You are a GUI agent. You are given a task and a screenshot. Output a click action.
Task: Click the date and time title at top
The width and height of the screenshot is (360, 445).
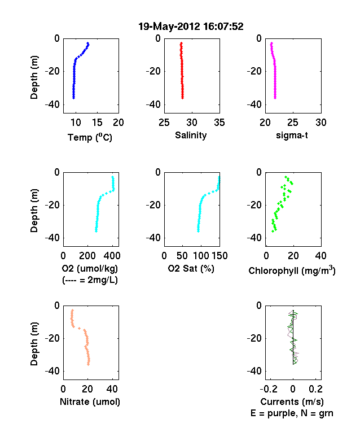tap(191, 27)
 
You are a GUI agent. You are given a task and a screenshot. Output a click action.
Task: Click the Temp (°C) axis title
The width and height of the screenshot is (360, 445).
tap(90, 137)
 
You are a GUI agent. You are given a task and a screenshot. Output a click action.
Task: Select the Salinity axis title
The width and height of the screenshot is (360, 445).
tap(191, 135)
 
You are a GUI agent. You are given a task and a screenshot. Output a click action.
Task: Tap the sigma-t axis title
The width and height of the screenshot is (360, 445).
tap(292, 136)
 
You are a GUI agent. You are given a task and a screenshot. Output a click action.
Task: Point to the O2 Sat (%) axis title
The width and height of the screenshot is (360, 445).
tap(191, 268)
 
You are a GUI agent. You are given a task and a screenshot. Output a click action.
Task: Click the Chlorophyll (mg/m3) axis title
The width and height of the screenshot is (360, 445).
tap(292, 271)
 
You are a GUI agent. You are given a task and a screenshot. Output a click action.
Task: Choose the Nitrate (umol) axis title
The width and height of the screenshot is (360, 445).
tap(90, 402)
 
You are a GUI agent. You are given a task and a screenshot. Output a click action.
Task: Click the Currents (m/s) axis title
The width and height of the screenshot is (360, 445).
tap(292, 402)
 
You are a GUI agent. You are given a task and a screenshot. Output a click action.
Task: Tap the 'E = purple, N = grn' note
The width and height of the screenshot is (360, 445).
tap(292, 413)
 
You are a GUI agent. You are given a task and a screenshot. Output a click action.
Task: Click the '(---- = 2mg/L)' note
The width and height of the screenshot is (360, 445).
tap(90, 280)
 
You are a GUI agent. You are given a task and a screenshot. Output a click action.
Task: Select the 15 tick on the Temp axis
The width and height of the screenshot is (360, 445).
tap(97, 123)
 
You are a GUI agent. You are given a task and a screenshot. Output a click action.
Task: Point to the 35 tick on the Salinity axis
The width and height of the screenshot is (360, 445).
tap(219, 123)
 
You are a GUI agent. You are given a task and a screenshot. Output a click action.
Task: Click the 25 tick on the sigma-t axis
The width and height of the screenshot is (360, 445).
tap(293, 123)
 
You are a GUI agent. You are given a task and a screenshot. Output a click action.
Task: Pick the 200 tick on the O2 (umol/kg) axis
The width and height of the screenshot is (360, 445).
tap(87, 256)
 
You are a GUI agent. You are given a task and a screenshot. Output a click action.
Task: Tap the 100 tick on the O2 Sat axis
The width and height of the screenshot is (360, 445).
tap(201, 256)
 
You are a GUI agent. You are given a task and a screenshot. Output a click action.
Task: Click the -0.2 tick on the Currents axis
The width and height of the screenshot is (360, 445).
tap(269, 389)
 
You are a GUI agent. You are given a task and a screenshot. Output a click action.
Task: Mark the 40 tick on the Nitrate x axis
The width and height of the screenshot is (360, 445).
tap(112, 389)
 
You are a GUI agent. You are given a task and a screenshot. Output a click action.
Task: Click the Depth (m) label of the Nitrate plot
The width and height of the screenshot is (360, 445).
tap(34, 344)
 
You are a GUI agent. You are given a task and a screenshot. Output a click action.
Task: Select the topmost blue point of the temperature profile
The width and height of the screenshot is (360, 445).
tap(88, 43)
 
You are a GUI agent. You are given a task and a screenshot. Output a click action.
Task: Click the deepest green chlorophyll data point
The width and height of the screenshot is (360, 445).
tap(273, 232)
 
